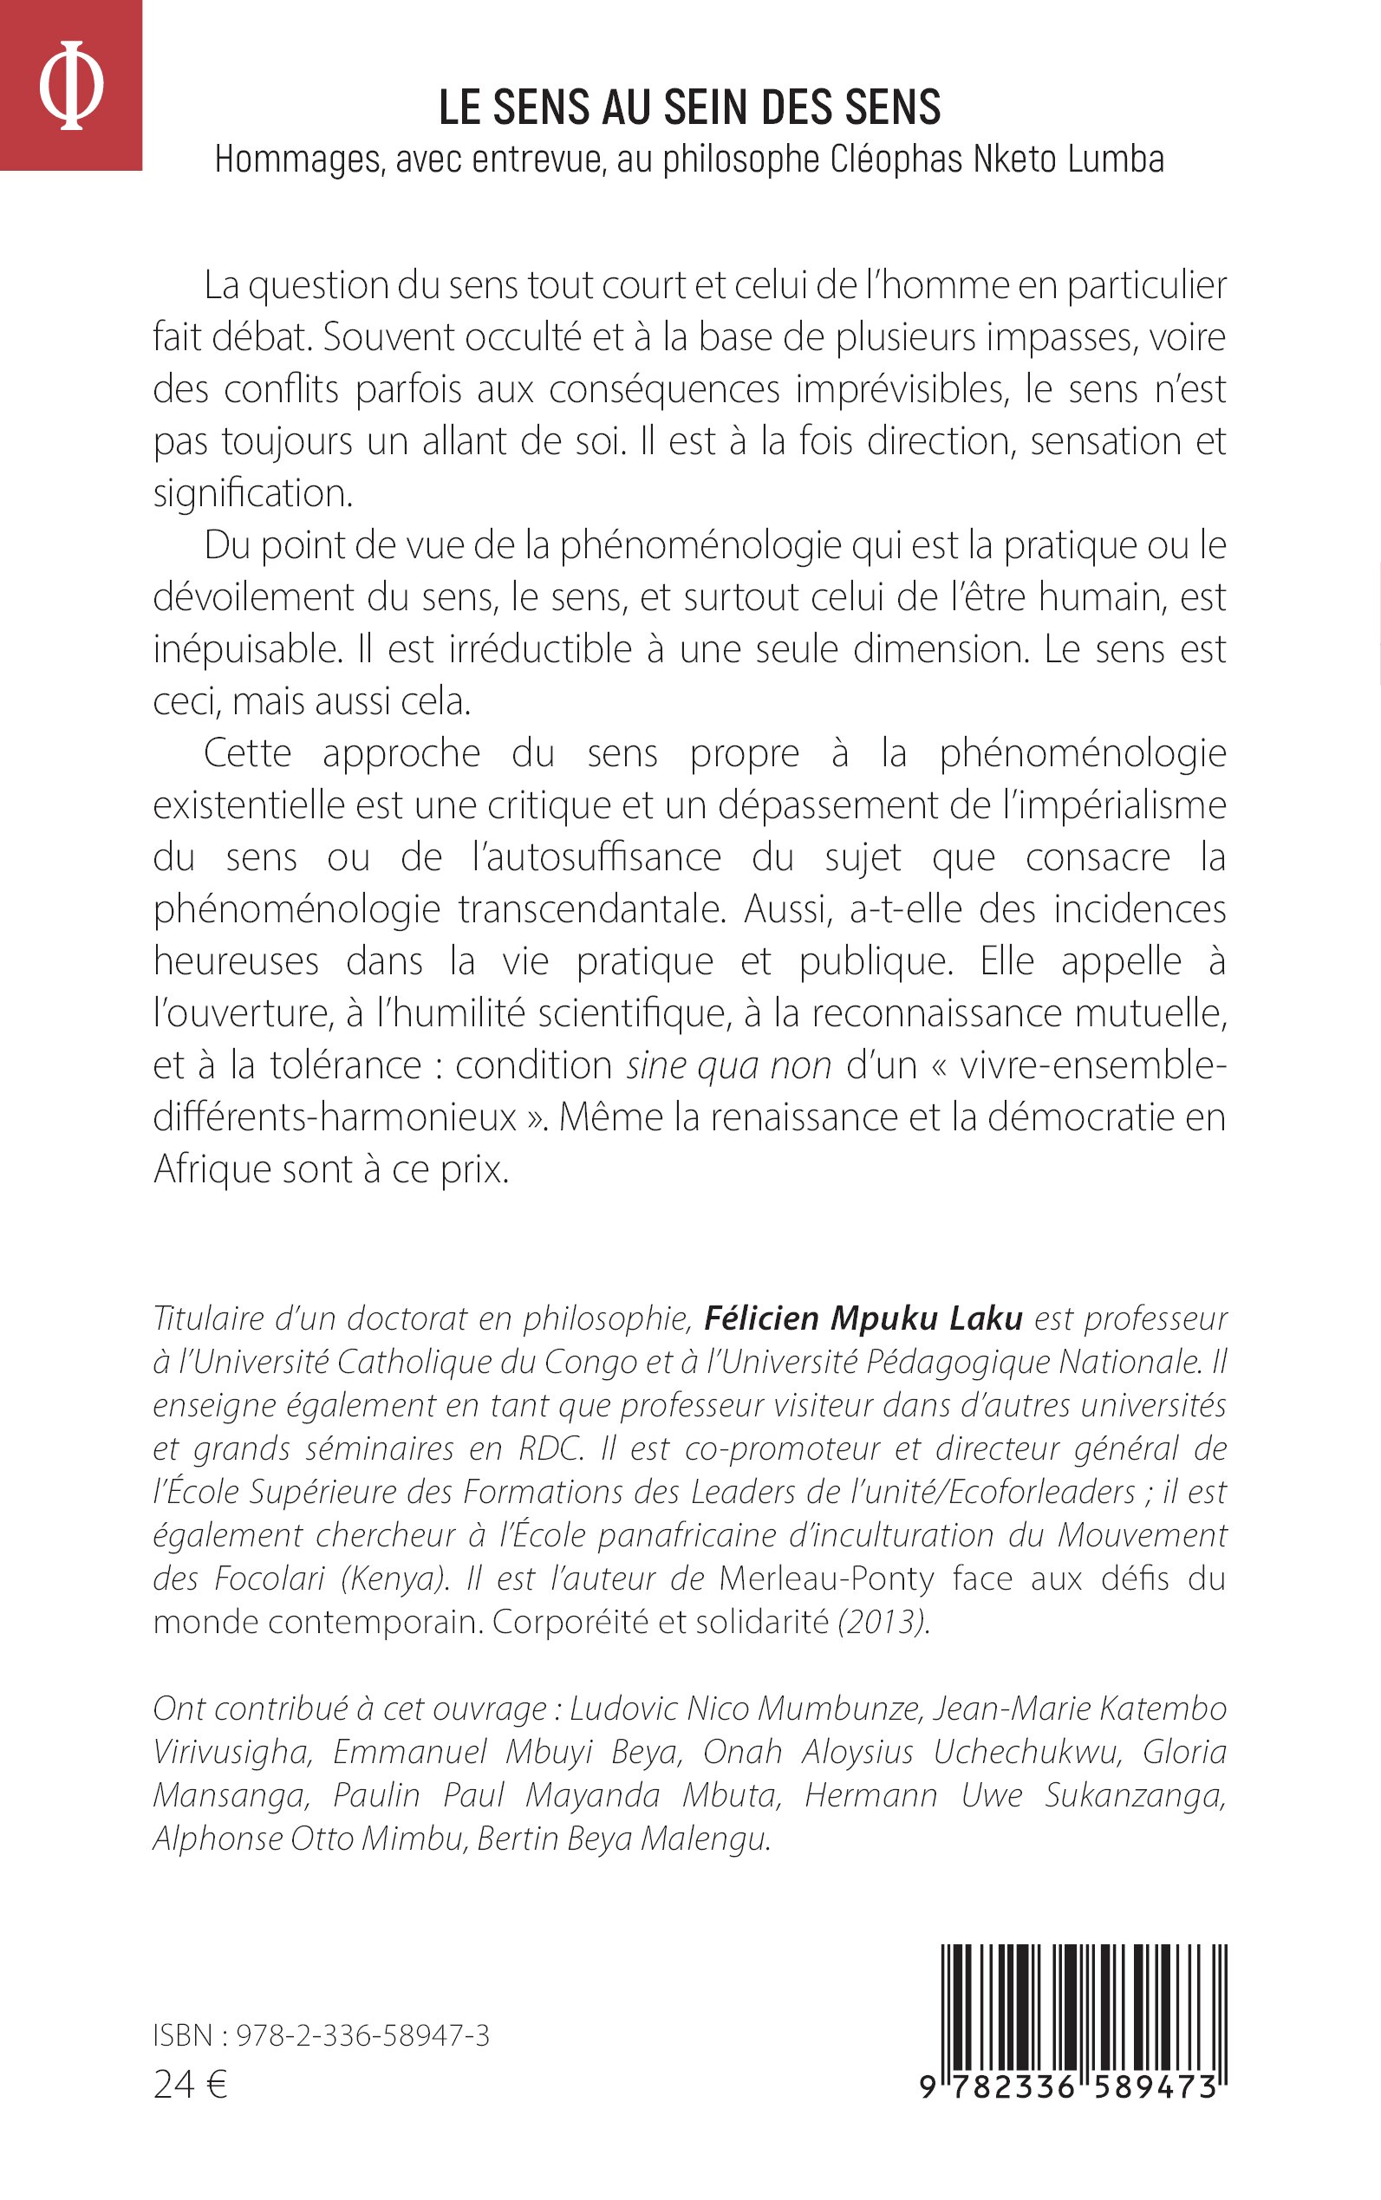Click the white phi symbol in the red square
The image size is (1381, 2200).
71,85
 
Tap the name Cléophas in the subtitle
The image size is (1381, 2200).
897,159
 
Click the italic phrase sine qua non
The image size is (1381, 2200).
729,1065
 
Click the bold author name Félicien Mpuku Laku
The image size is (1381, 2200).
863,1318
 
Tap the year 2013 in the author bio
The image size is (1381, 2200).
883,1622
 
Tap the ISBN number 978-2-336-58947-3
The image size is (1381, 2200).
362,2035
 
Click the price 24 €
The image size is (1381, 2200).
190,2085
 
